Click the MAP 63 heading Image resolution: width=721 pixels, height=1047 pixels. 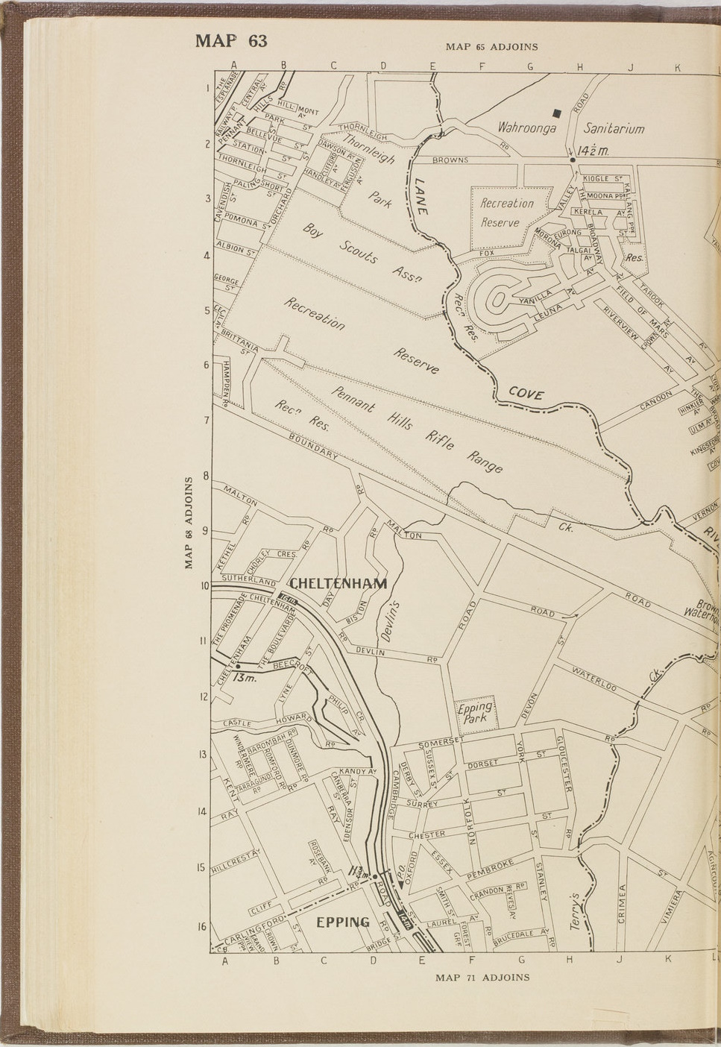(230, 40)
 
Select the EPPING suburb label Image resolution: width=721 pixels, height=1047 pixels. (343, 922)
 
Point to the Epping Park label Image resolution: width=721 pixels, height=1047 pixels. (475, 713)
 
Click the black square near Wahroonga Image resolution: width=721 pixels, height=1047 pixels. (557, 113)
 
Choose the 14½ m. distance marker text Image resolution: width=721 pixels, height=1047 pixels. (593, 151)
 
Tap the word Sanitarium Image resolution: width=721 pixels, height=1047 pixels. (614, 128)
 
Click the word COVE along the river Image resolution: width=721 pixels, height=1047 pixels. (526, 394)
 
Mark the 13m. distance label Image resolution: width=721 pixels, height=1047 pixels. (244, 679)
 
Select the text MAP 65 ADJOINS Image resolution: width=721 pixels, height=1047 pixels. (491, 46)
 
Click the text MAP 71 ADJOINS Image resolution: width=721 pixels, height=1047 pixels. (482, 977)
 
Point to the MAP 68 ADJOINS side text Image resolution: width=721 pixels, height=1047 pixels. (189, 523)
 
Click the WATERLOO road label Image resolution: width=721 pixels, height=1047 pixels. (594, 679)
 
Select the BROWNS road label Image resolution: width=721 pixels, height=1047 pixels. (450, 160)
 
